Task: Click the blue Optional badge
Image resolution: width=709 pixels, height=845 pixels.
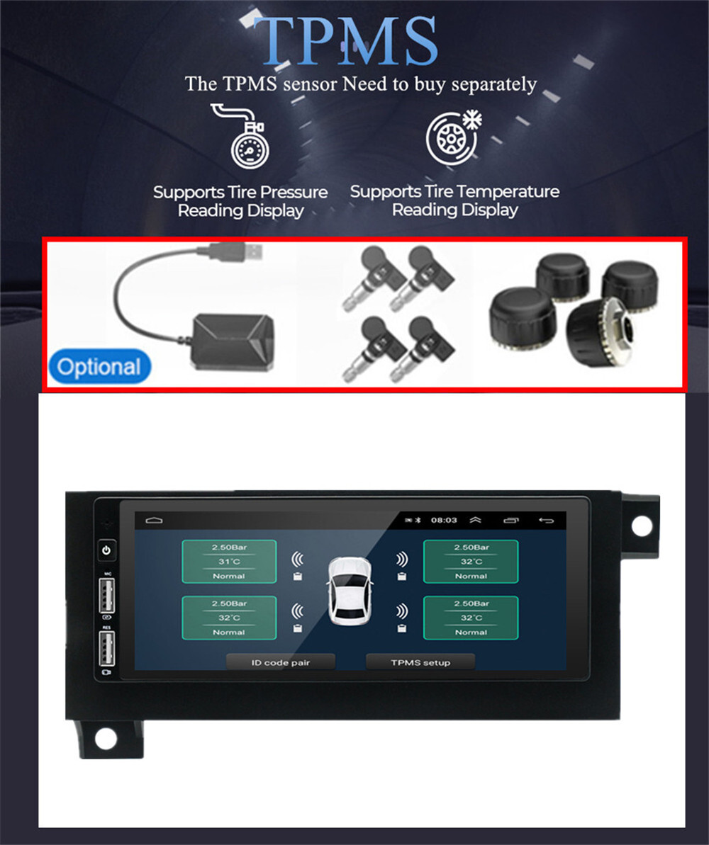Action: coord(99,367)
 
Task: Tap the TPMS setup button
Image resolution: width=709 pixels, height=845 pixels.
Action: coord(420,662)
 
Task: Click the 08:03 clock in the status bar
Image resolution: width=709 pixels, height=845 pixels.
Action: coord(444,520)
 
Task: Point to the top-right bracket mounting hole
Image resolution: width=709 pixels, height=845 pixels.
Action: coord(642,525)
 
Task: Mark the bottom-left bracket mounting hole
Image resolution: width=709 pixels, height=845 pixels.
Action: coord(106,738)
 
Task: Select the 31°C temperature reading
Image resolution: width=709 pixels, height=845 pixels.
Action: coord(229,562)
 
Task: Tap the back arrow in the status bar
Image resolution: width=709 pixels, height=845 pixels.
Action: coord(546,520)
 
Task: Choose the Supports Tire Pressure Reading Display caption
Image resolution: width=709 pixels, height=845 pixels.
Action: coord(240,201)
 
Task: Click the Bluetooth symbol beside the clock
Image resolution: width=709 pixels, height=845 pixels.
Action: coord(418,520)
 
